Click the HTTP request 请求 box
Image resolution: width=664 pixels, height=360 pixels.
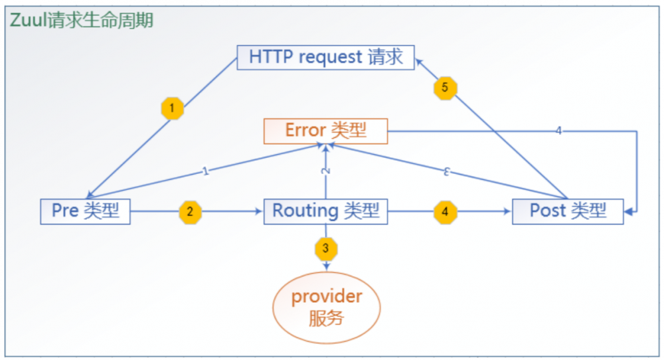tap(325, 57)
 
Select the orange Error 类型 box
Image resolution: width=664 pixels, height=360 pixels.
tap(325, 130)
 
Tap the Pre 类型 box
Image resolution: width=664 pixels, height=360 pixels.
tap(85, 211)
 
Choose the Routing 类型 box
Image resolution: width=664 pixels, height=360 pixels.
tap(325, 211)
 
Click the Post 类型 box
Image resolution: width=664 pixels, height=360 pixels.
tap(568, 211)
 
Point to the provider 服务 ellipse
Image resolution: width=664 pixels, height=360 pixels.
tap(326, 306)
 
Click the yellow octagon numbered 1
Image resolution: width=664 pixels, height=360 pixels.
tap(173, 108)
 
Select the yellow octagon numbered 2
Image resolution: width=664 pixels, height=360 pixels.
tap(190, 213)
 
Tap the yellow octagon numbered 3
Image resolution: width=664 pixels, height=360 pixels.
tap(325, 248)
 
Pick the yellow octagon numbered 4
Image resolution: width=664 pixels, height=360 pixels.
tap(445, 213)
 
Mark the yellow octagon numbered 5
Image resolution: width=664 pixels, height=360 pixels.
tap(446, 88)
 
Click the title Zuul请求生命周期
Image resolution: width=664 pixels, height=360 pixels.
tap(82, 21)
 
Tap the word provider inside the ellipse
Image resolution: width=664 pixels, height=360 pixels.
tap(326, 296)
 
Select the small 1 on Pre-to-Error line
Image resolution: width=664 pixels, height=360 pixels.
tap(206, 172)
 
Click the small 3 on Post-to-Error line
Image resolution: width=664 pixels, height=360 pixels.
tap(447, 171)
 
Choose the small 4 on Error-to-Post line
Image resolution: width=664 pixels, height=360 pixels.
tap(558, 131)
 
